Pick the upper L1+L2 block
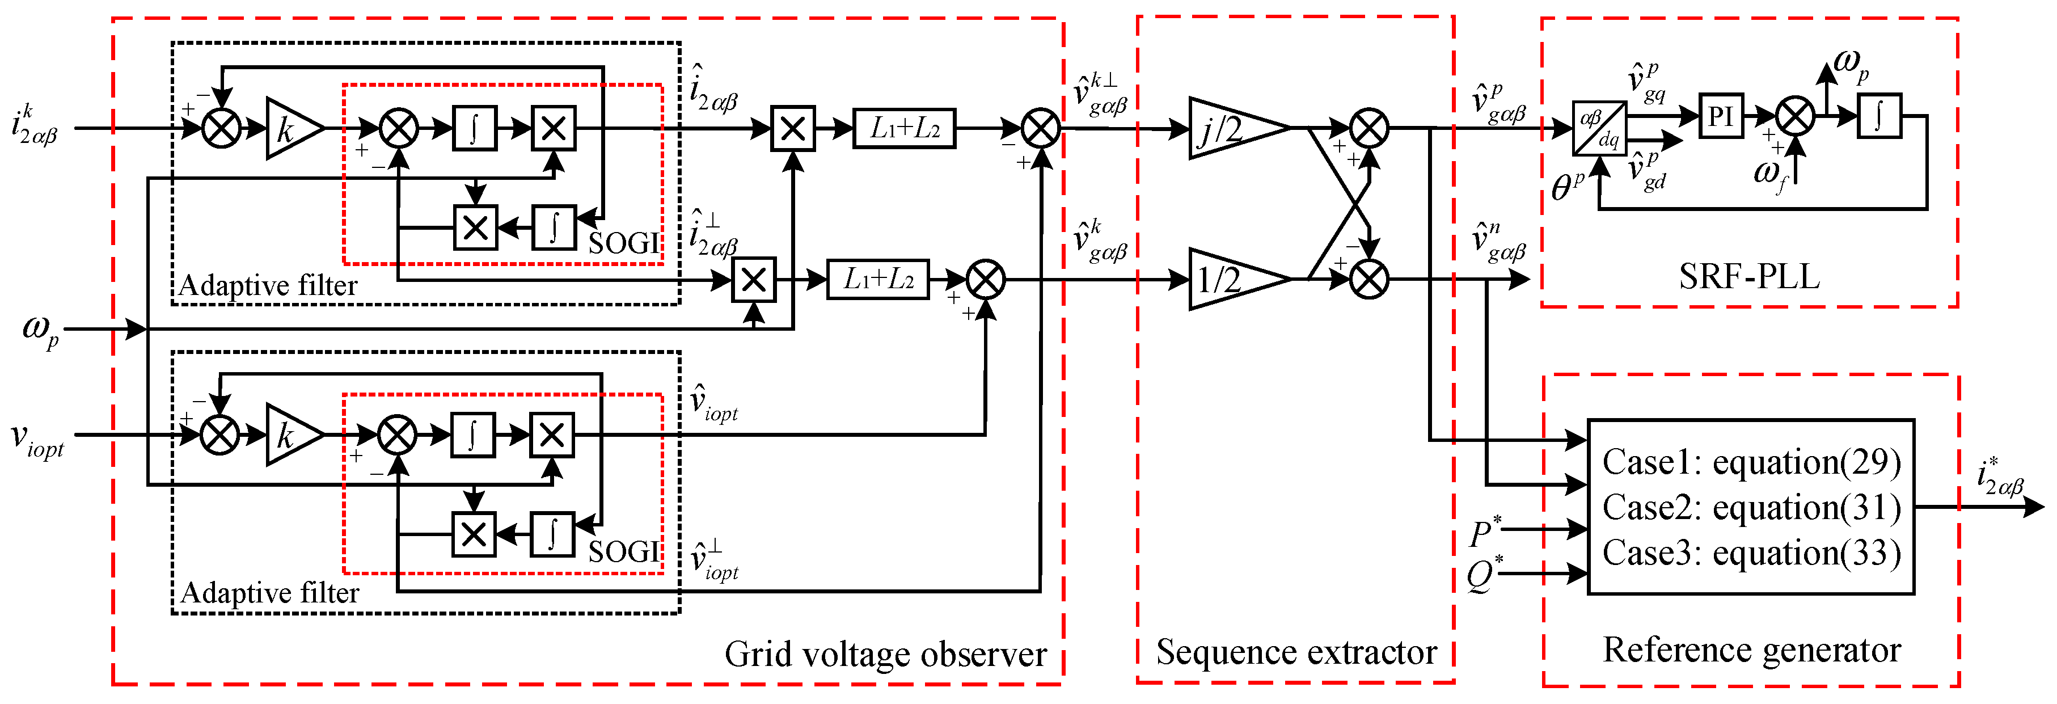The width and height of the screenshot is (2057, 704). pos(905,128)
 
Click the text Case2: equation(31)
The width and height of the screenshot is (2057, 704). pos(1751,507)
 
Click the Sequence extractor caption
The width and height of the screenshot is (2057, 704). pos(1296,652)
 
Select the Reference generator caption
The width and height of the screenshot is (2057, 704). pos(1751,650)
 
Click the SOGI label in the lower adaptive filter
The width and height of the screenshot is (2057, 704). pos(624,551)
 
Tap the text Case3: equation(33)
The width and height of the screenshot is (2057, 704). pos(1751,553)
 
